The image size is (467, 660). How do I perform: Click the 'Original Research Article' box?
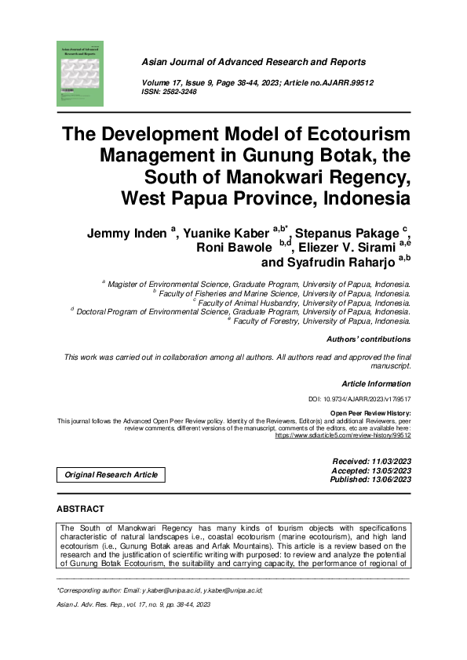[111, 474]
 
